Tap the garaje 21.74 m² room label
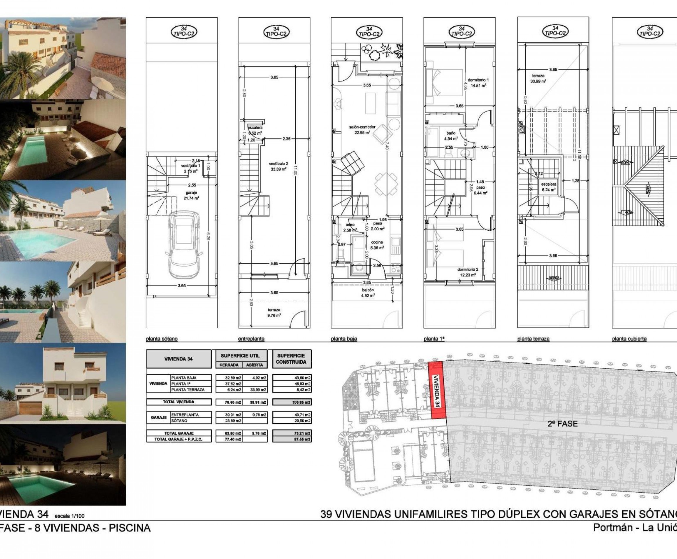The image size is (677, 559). pyautogui.click(x=191, y=195)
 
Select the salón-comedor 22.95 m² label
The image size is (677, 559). pyautogui.click(x=362, y=129)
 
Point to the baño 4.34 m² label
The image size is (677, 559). pyautogui.click(x=450, y=136)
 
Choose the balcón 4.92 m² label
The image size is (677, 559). pyautogui.click(x=368, y=292)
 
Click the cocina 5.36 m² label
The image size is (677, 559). pyautogui.click(x=377, y=245)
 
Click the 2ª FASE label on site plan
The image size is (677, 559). pyautogui.click(x=562, y=424)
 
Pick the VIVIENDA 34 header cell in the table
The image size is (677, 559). pyautogui.click(x=178, y=359)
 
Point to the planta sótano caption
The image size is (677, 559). pyautogui.click(x=162, y=339)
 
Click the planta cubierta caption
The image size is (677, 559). pyautogui.click(x=629, y=339)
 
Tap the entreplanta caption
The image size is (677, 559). pyautogui.click(x=251, y=339)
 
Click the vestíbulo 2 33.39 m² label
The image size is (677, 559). pyautogui.click(x=278, y=166)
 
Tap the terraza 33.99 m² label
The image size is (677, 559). pyautogui.click(x=538, y=79)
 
